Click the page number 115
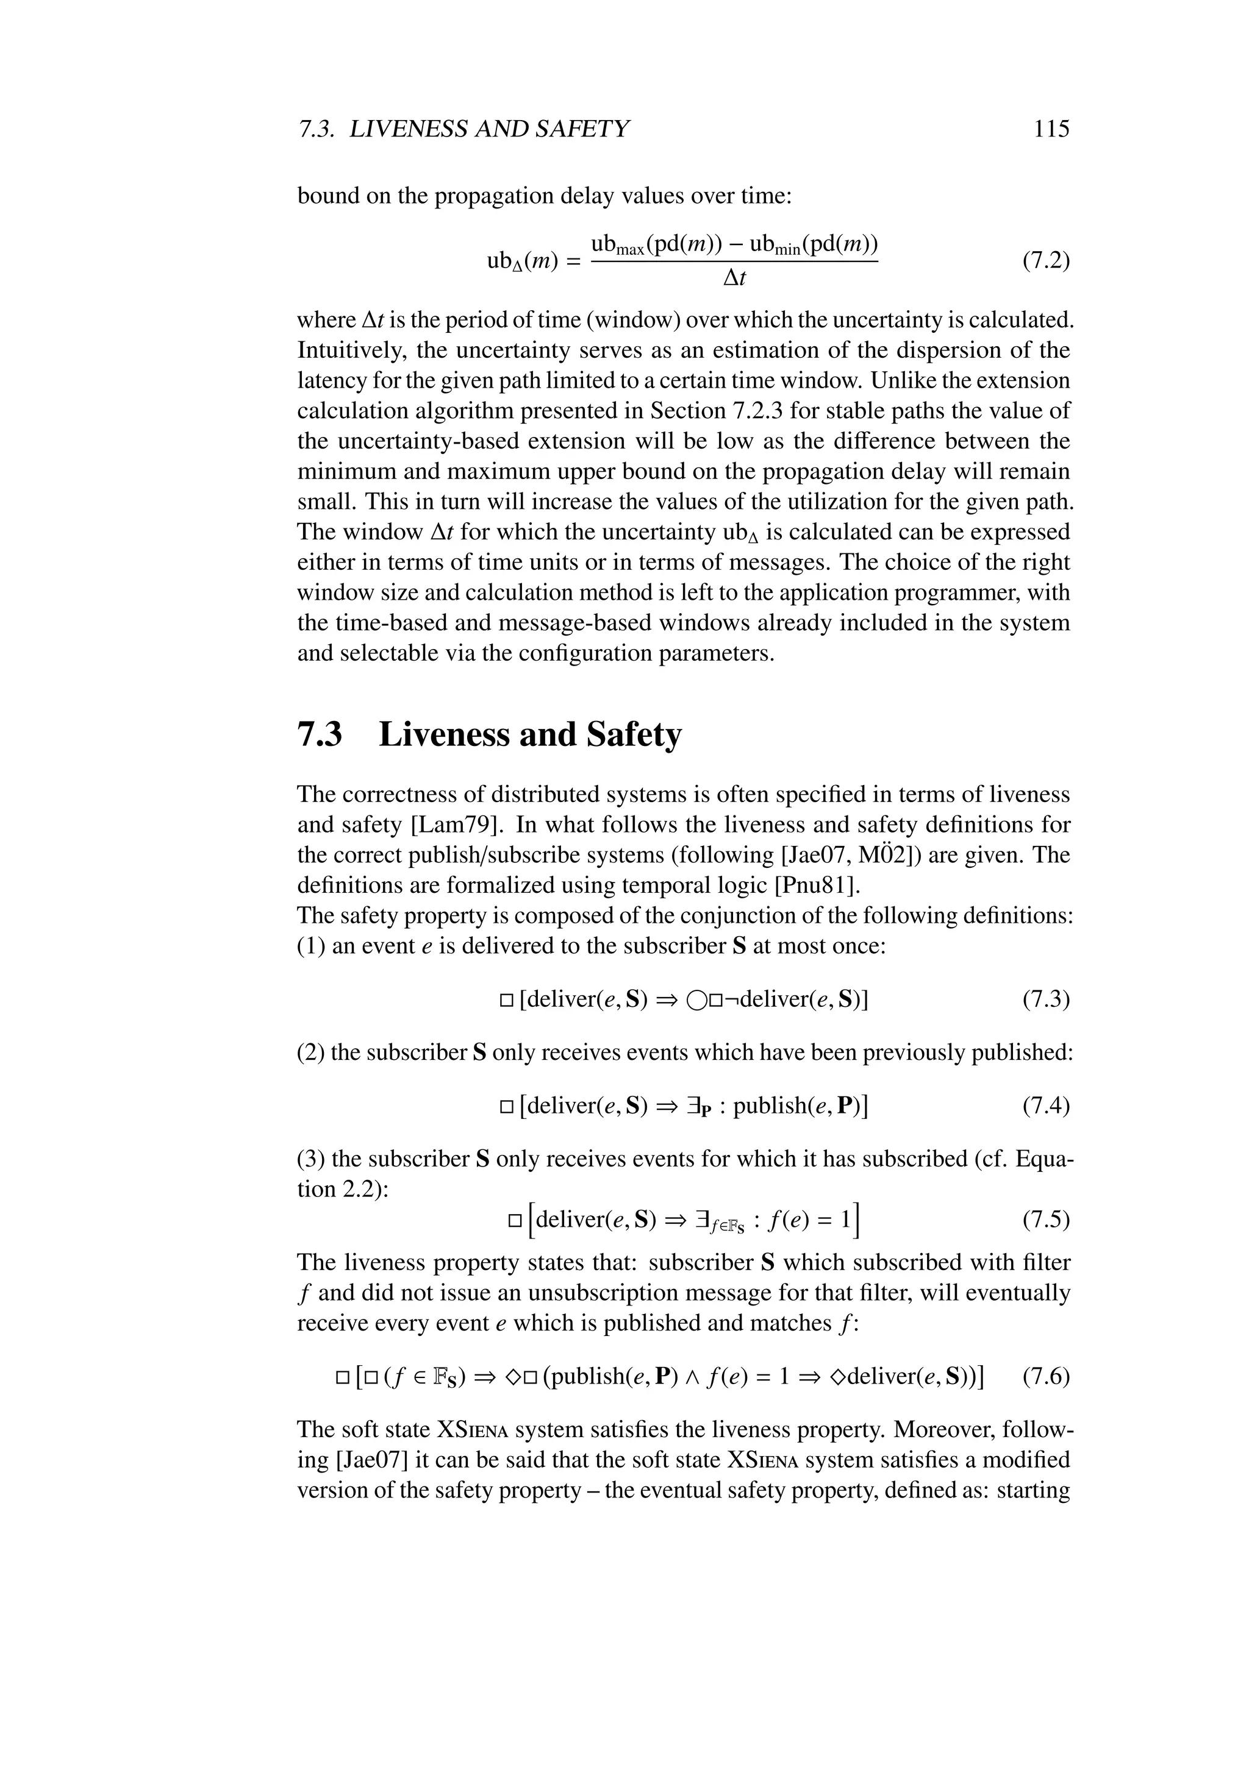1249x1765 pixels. click(x=1051, y=129)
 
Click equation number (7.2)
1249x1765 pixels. click(x=1046, y=261)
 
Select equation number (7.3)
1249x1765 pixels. click(x=1046, y=1000)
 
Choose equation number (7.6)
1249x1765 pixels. click(x=1046, y=1376)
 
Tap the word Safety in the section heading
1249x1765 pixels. click(x=634, y=735)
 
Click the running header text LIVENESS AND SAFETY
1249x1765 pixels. click(x=489, y=129)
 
